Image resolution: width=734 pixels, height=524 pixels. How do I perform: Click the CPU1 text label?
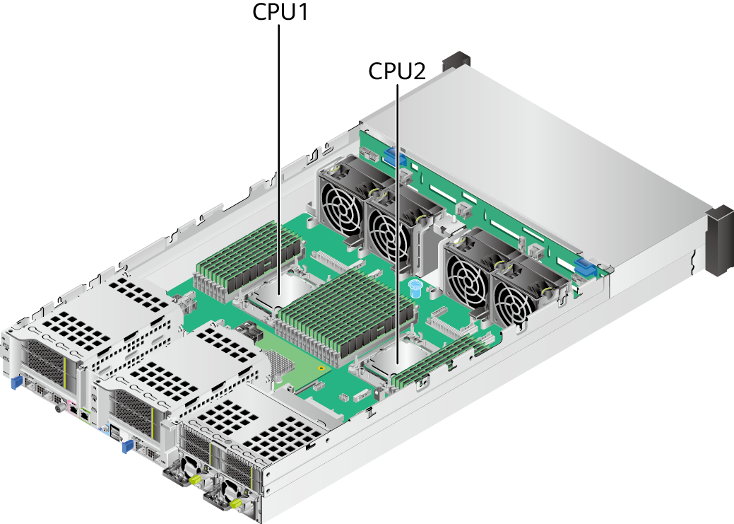point(280,13)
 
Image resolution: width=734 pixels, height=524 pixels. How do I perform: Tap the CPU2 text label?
point(396,71)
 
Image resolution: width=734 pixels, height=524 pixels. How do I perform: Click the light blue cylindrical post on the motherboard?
point(415,287)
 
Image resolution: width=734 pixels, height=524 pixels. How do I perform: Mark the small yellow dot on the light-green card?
point(321,368)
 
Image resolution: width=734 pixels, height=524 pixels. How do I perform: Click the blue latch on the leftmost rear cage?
point(13,383)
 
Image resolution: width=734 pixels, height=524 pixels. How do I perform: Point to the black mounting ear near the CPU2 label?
point(456,61)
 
